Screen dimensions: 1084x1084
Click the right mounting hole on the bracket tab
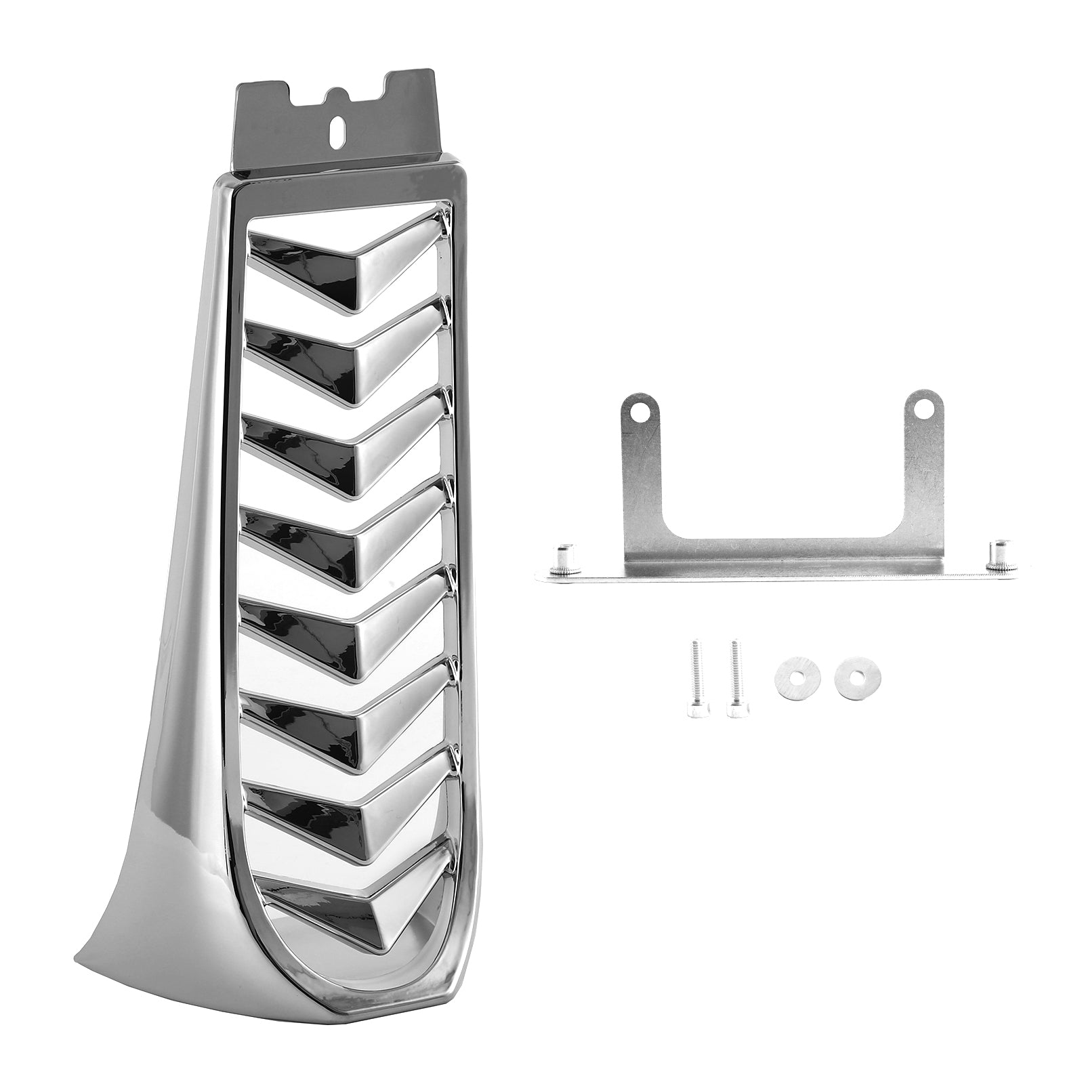coord(922,409)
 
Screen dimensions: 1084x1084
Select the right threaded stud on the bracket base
coord(998,553)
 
